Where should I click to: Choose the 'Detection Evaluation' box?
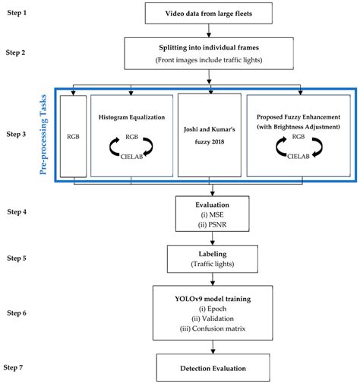click(x=213, y=367)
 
